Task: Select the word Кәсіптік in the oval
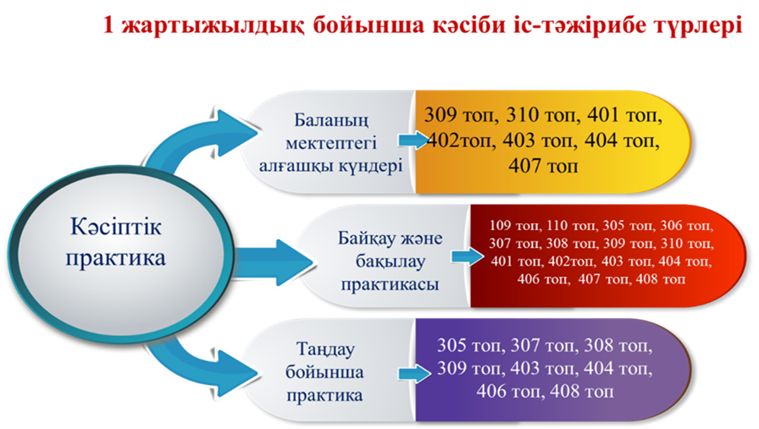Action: click(x=116, y=227)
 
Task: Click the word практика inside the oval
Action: click(x=116, y=258)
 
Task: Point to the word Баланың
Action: click(x=331, y=120)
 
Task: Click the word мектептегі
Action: click(x=331, y=143)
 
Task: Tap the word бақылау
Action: click(x=391, y=261)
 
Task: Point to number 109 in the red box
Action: click(x=500, y=225)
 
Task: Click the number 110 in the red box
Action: click(x=557, y=225)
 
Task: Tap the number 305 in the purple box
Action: click(x=452, y=346)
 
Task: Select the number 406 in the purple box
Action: click(x=491, y=391)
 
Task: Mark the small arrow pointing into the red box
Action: click(x=468, y=257)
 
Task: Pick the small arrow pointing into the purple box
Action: click(x=414, y=374)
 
